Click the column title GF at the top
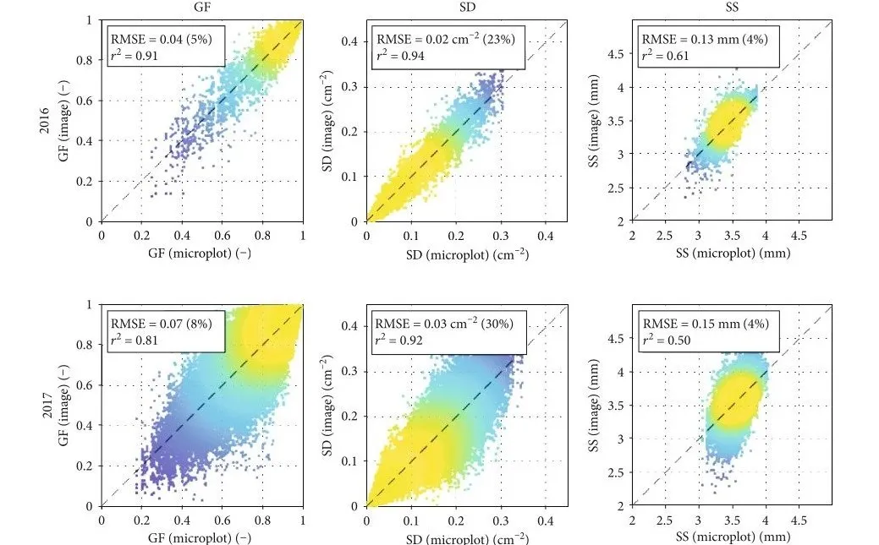(x=201, y=7)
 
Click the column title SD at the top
(x=467, y=7)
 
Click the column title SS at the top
(x=733, y=7)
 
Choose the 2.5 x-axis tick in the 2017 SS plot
(x=666, y=521)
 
